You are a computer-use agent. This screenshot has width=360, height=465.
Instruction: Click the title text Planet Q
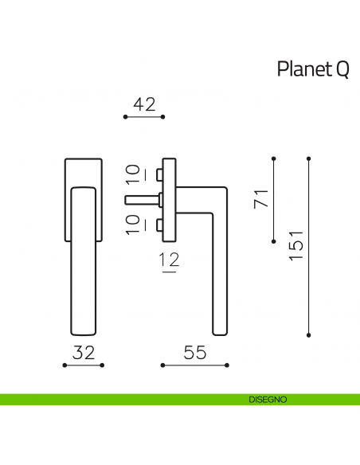point(312,69)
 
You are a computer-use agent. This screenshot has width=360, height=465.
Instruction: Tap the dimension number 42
point(143,104)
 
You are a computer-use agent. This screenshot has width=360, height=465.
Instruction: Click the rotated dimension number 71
point(259,200)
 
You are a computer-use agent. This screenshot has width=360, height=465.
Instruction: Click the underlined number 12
point(168,260)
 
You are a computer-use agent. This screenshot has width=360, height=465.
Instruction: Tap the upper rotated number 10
point(132,175)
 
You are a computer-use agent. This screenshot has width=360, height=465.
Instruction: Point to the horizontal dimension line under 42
point(143,117)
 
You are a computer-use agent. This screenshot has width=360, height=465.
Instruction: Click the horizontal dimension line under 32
point(84,365)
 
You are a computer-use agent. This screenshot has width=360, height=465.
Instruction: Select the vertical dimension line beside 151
point(309,247)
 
